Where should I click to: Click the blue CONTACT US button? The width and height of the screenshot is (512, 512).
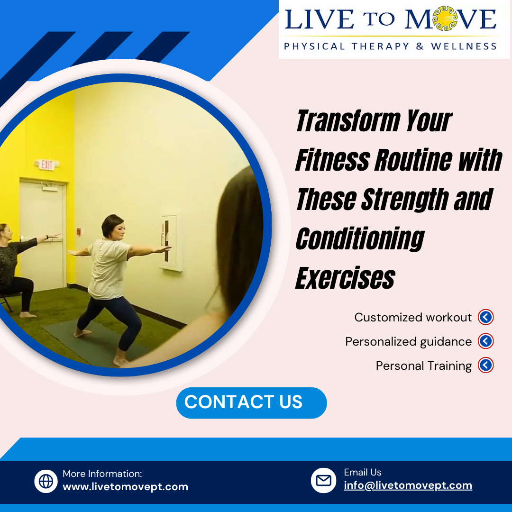(251, 402)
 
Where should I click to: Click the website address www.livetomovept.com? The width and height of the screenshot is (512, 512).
(125, 487)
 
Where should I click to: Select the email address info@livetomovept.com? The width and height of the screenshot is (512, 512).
(408, 485)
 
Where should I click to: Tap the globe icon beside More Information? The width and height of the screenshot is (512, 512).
(46, 481)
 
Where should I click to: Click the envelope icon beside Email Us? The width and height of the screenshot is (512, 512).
(323, 480)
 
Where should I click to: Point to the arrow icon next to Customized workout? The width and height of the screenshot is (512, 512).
(485, 317)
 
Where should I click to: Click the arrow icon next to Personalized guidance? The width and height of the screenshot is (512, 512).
(485, 341)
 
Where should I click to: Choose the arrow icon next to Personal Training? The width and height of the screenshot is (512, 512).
(485, 366)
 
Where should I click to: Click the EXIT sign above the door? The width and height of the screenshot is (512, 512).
(46, 165)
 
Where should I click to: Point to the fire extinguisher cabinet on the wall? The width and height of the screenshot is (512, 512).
(168, 242)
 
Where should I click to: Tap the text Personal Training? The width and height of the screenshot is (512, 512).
(423, 366)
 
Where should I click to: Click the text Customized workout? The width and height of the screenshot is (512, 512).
(413, 318)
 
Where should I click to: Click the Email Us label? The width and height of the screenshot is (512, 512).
(362, 472)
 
